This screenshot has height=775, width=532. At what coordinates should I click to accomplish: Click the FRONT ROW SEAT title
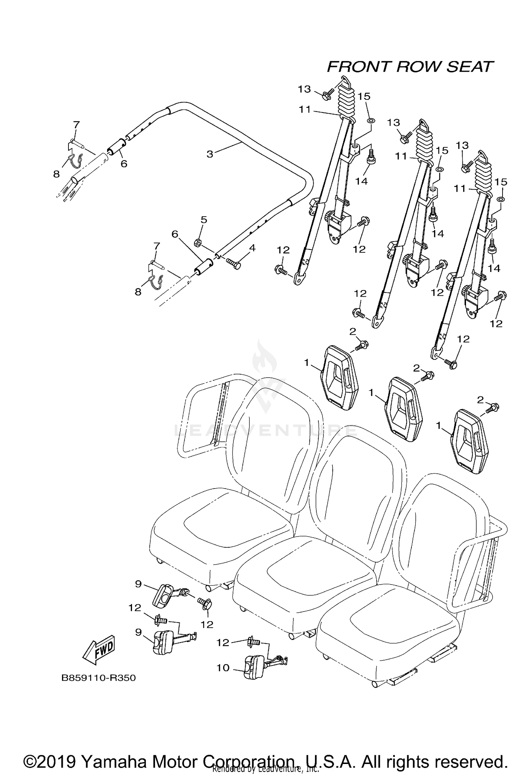pos(410,67)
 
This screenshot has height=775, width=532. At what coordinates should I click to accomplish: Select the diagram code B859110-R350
pos(99,678)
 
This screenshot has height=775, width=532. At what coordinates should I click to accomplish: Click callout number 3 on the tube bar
pos(210,154)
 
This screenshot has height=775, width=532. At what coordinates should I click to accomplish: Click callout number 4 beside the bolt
pos(252,248)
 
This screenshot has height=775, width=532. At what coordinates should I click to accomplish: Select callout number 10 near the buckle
pos(223,668)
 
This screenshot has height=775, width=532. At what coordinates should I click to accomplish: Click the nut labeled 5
pos(198,243)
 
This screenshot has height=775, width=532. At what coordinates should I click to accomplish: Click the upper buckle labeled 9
pos(164,595)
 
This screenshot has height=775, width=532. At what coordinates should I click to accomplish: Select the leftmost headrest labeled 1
pos(339,378)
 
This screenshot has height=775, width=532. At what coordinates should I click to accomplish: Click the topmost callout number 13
pos(304,89)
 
